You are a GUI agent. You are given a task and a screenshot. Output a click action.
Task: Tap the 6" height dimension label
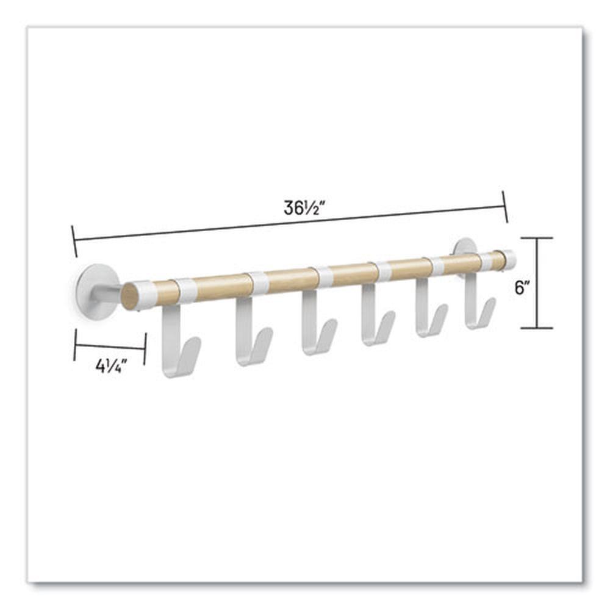pyautogui.click(x=520, y=288)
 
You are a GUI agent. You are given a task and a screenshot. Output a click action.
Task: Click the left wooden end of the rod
pyautogui.click(x=130, y=296)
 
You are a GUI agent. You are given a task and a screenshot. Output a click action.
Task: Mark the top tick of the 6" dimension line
pyautogui.click(x=537, y=238)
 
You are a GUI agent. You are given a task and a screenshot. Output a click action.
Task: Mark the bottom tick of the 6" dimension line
pyautogui.click(x=537, y=328)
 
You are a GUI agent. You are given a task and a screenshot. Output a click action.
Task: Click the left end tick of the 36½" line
pyautogui.click(x=74, y=241)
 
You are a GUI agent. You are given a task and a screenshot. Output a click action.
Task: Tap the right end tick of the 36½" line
pyautogui.click(x=504, y=206)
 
